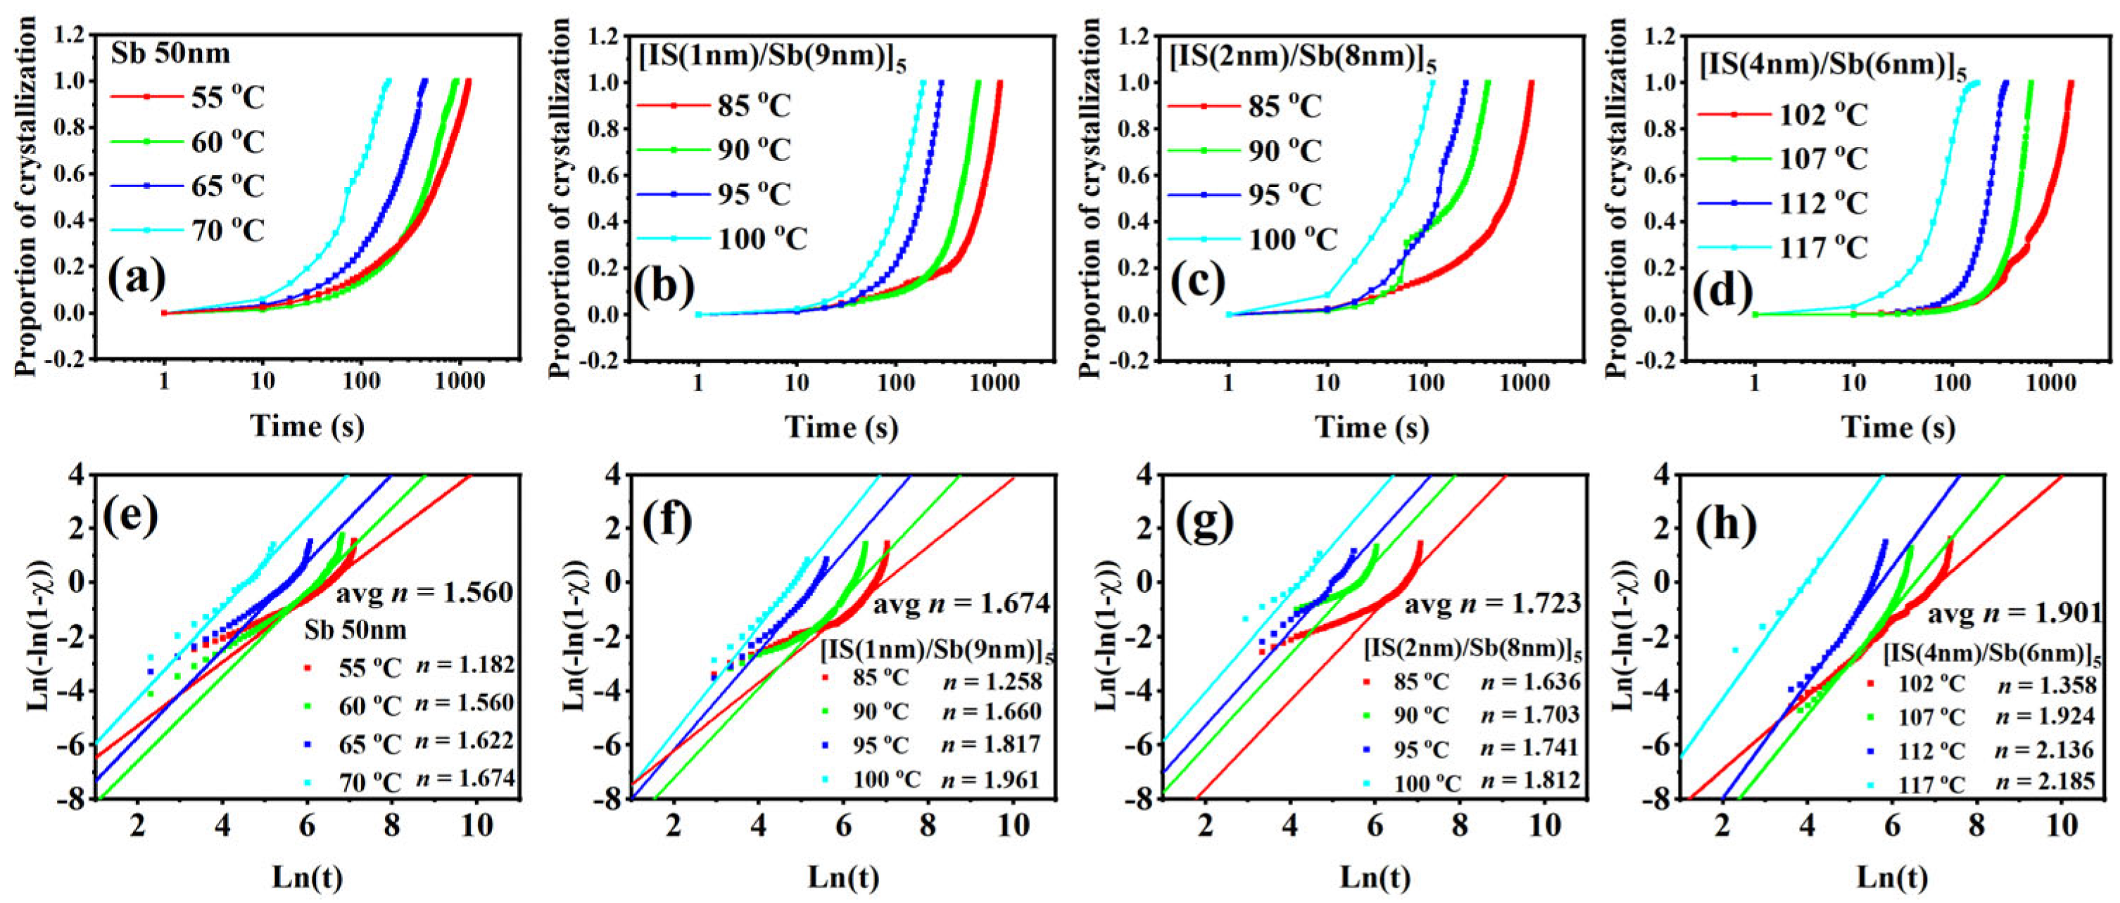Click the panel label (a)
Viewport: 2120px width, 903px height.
(137, 280)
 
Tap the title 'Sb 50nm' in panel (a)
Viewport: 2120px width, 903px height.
(170, 54)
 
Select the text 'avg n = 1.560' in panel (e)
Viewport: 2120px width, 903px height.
(424, 592)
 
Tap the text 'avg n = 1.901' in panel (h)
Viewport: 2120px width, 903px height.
(2014, 613)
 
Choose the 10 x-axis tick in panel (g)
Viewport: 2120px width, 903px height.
(1544, 825)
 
